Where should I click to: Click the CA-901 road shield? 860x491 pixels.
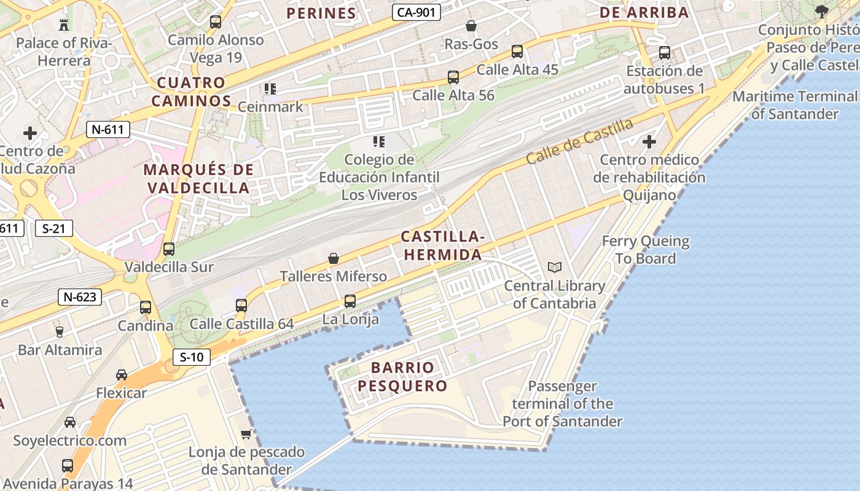click(x=417, y=12)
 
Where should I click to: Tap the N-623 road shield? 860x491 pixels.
click(x=80, y=297)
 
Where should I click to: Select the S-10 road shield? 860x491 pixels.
click(x=192, y=357)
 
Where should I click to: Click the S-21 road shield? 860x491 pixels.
click(x=53, y=228)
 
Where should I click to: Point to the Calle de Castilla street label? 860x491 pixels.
click(x=579, y=141)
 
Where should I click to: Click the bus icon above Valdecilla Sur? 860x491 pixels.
click(x=169, y=249)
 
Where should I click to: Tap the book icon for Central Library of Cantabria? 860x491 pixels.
click(x=555, y=268)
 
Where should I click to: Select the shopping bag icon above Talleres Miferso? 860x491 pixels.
click(x=334, y=258)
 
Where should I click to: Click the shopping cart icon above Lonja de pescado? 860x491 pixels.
click(x=246, y=435)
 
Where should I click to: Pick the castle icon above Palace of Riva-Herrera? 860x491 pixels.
click(x=63, y=25)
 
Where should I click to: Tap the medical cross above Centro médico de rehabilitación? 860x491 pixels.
click(x=649, y=142)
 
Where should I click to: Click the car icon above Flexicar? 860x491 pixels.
click(x=122, y=374)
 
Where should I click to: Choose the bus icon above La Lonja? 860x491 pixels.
click(x=350, y=301)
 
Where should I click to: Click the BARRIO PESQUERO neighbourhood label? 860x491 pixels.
click(x=402, y=377)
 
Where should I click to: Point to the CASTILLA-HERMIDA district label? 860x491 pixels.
click(x=442, y=245)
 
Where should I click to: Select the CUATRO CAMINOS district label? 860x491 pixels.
click(x=192, y=92)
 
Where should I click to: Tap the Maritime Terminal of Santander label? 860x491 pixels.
click(x=795, y=105)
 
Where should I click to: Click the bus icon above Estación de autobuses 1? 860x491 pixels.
click(x=665, y=53)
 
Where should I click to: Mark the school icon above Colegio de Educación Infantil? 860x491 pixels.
click(x=379, y=142)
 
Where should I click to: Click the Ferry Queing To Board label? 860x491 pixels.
click(x=646, y=250)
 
